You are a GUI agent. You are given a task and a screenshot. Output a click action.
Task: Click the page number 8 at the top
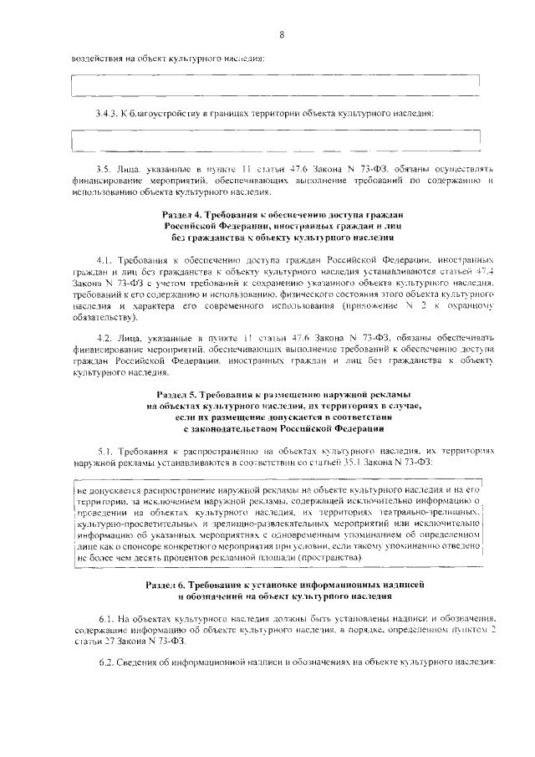click(282, 34)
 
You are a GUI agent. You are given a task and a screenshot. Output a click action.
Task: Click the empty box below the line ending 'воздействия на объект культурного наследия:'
click(276, 84)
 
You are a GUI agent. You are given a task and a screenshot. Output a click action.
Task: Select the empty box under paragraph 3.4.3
click(276, 140)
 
